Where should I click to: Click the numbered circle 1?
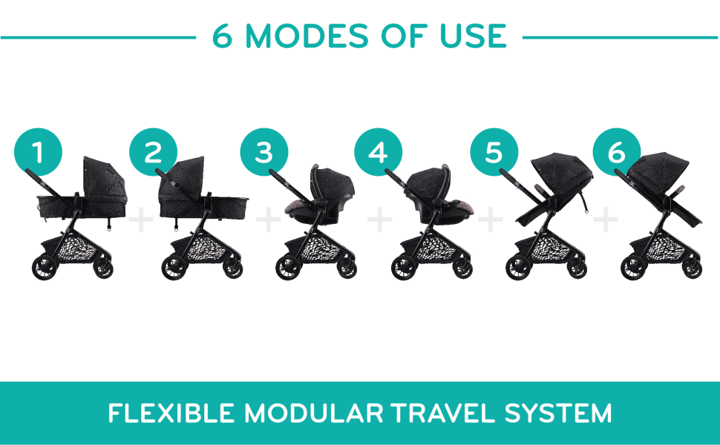[38, 152]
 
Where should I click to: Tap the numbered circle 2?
[154, 152]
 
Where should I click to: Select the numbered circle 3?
[264, 152]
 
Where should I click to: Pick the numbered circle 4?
[379, 152]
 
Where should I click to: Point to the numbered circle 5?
[494, 152]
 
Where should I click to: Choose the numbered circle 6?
[617, 152]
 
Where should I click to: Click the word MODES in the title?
[307, 36]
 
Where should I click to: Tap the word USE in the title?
[473, 36]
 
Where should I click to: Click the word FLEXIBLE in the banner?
[171, 413]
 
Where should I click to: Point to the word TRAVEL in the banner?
[443, 413]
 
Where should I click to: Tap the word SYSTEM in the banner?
[558, 413]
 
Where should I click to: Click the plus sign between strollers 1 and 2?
[141, 220]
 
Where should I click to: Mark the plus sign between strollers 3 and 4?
[379, 220]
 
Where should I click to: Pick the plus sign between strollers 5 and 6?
[606, 220]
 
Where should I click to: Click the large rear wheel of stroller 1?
[45, 267]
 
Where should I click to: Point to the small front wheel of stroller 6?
[692, 268]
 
